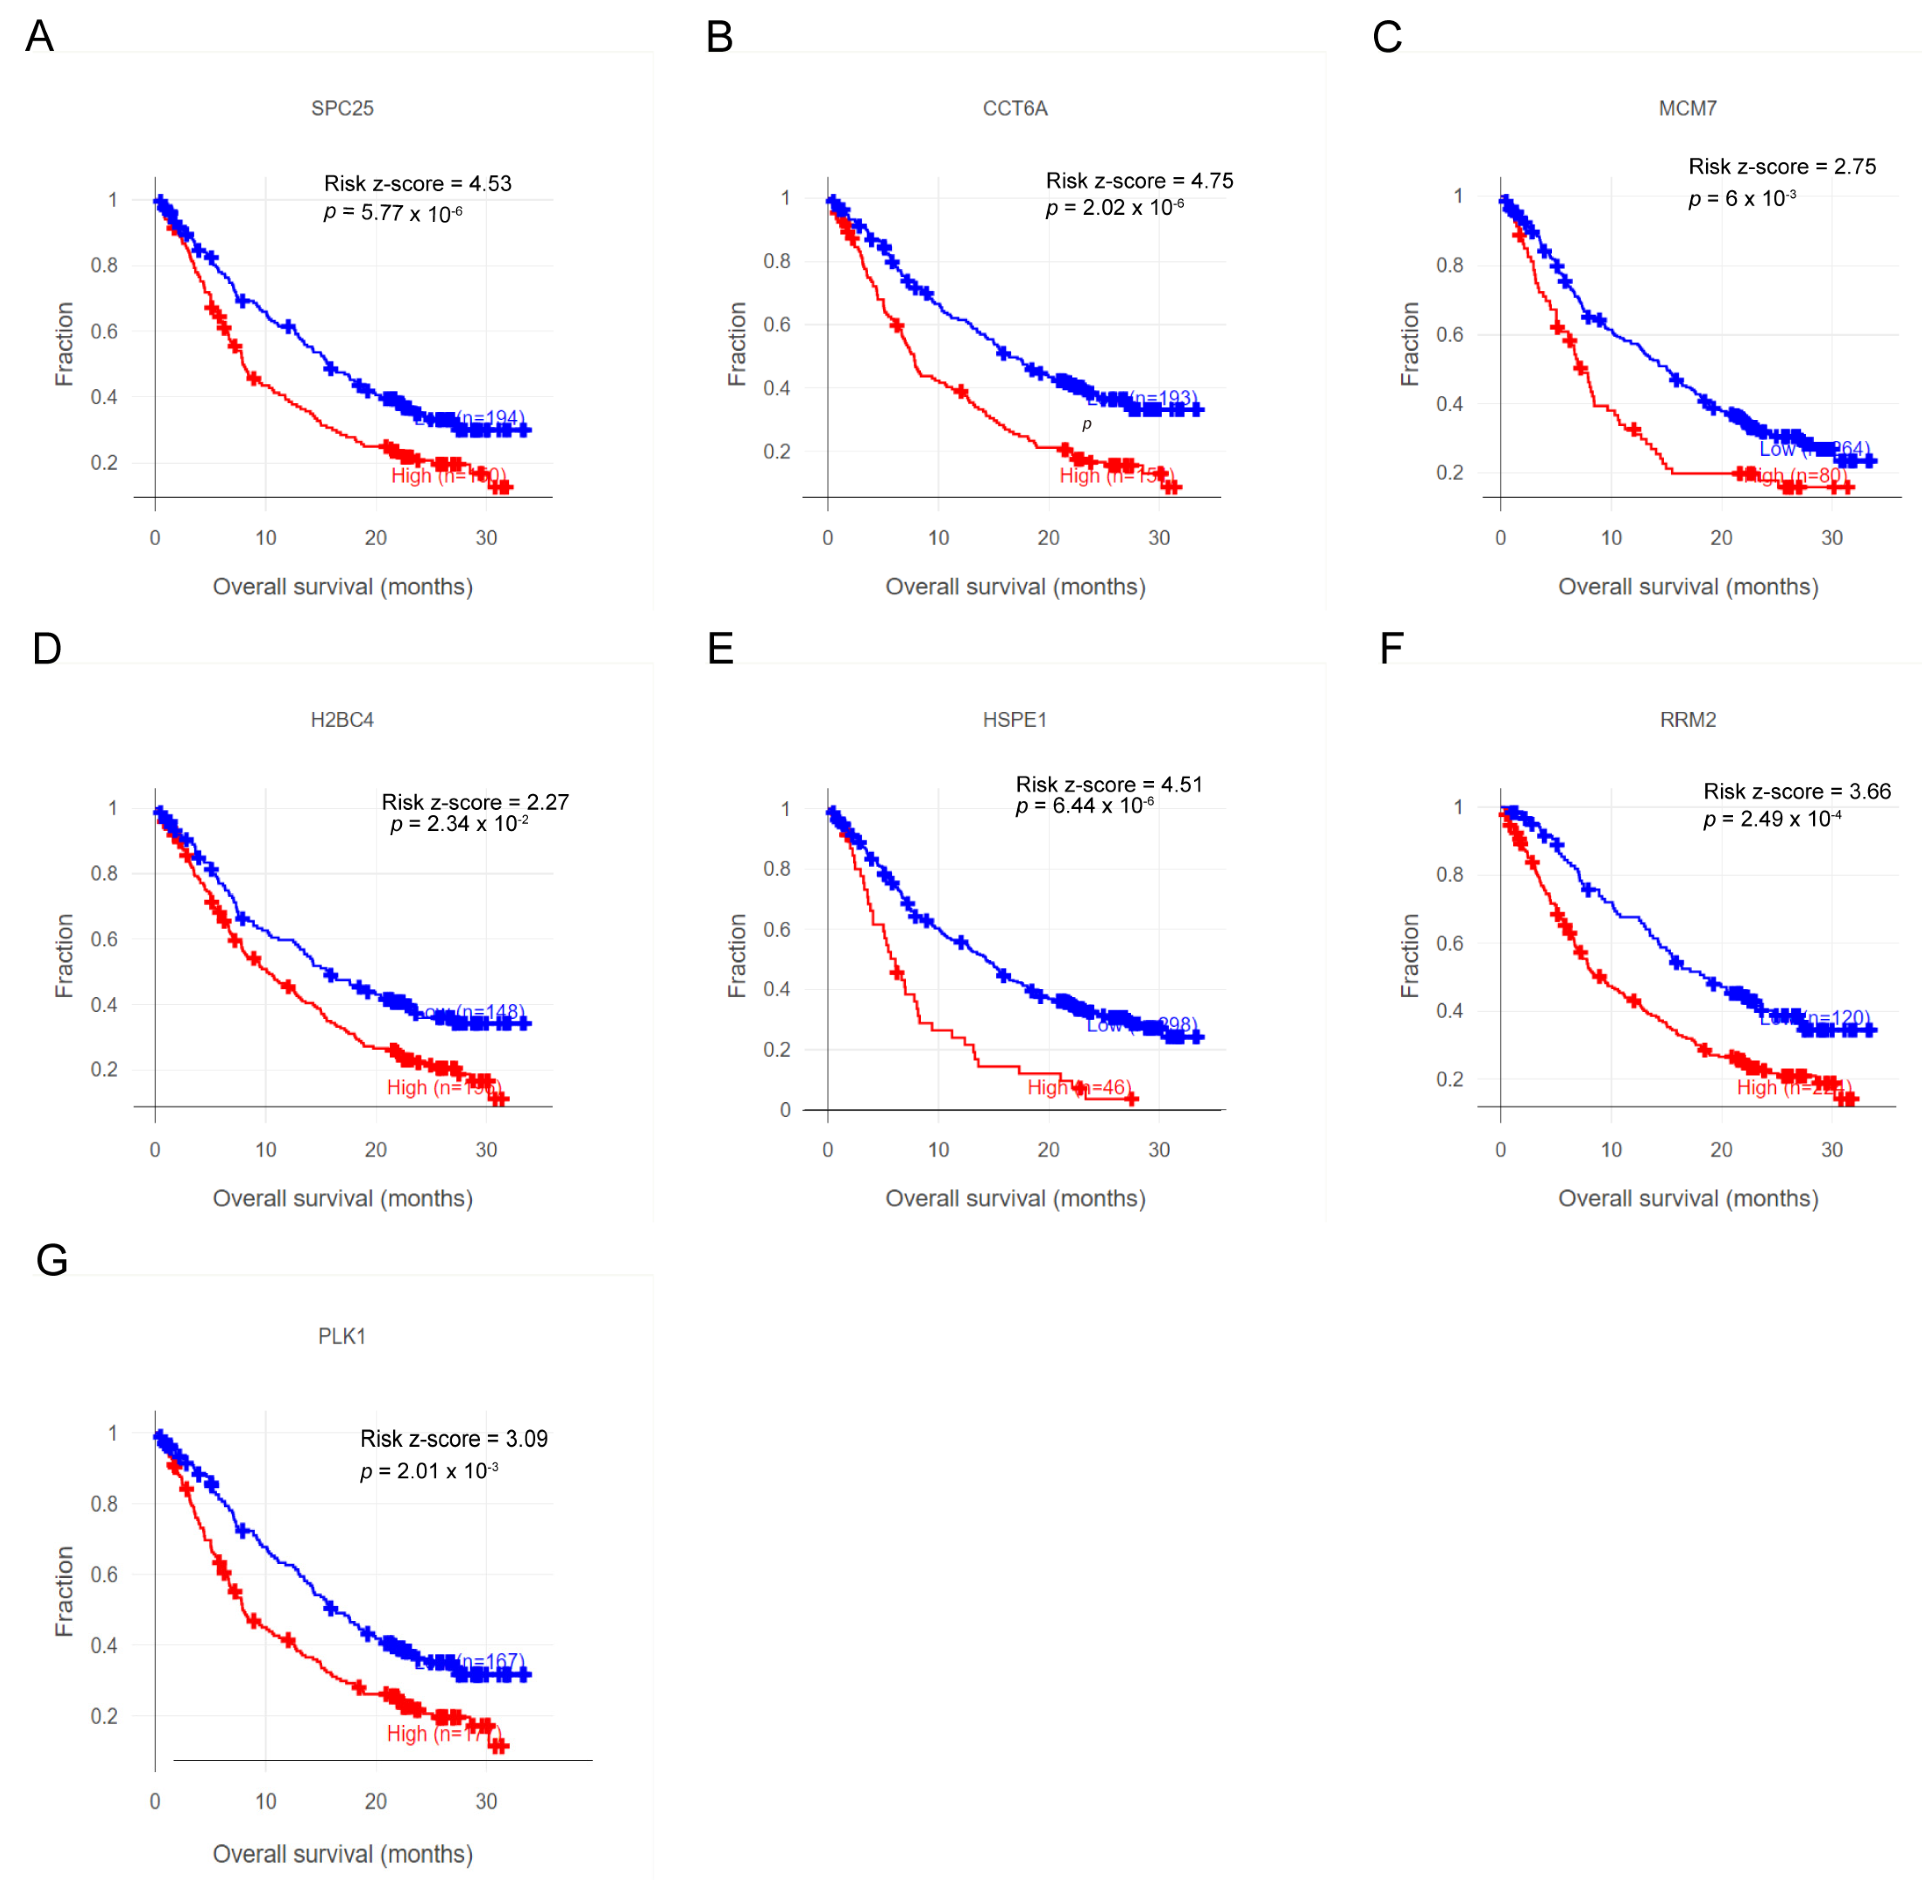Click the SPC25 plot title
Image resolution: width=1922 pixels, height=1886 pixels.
coord(342,108)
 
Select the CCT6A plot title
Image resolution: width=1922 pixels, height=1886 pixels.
coord(1014,108)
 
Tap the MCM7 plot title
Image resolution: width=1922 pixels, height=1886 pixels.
coord(1687,108)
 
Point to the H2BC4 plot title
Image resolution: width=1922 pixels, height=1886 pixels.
coord(342,719)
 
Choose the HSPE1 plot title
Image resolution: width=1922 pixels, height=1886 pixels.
coord(1014,719)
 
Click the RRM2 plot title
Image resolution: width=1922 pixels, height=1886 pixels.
coord(1687,719)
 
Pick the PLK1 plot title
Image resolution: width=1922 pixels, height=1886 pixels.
coord(342,1336)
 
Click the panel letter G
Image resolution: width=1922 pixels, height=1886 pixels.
coord(52,1261)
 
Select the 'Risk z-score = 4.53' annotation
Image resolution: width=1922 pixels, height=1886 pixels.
coord(417,183)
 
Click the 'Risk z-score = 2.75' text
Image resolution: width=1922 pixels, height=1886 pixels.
coord(1781,167)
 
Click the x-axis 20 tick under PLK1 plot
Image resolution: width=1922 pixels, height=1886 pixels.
coord(376,1801)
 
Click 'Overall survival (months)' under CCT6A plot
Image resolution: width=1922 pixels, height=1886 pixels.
coord(1014,586)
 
